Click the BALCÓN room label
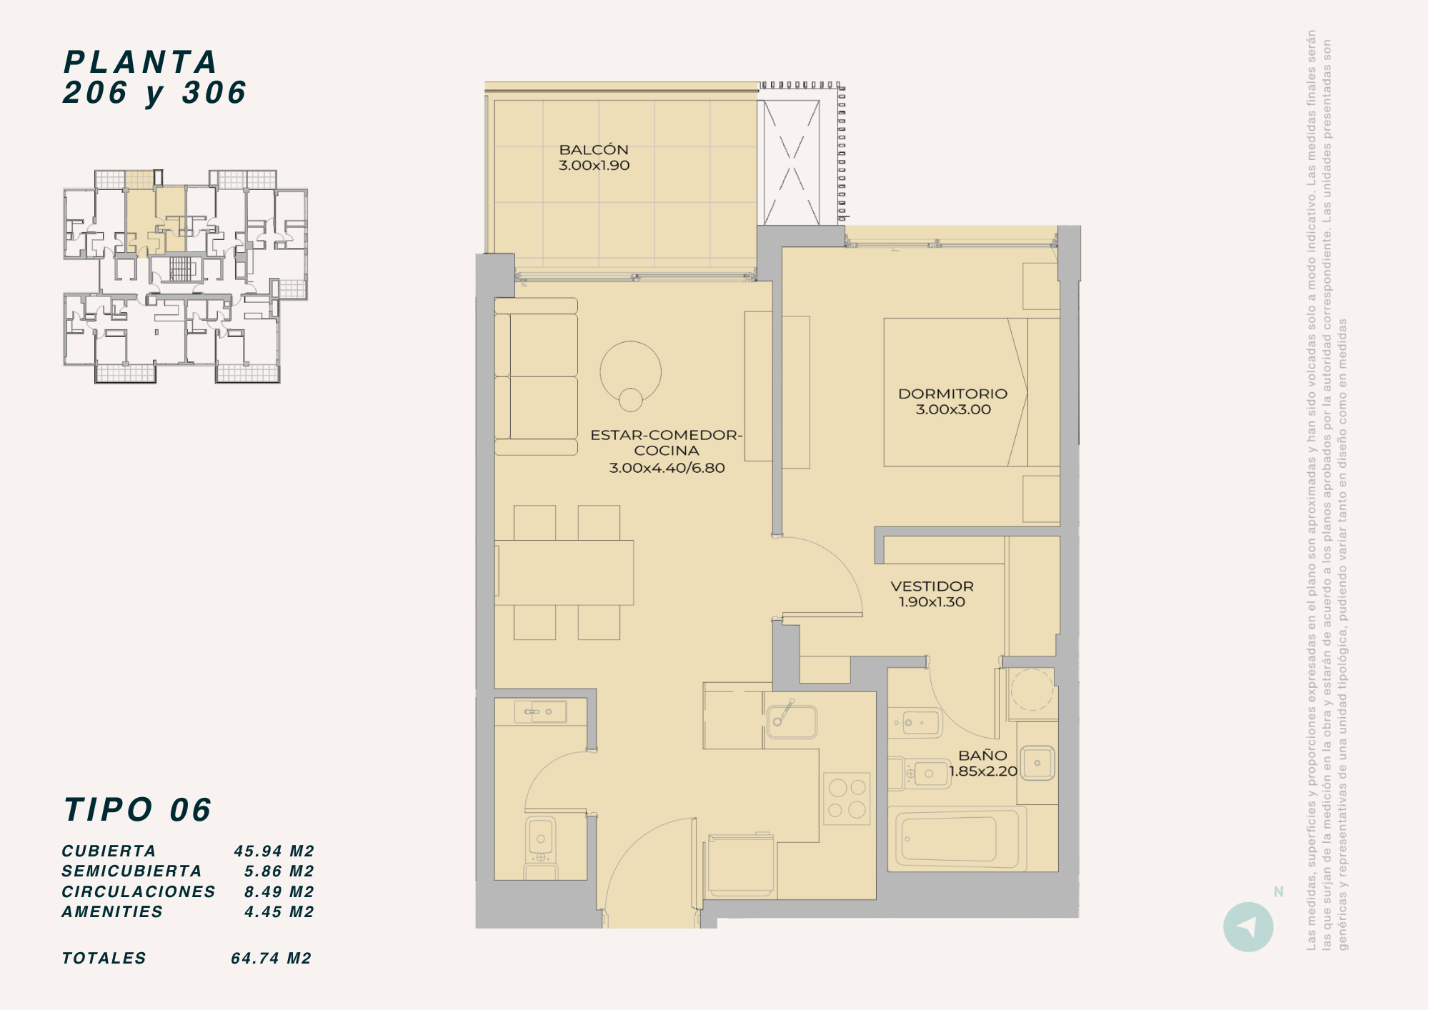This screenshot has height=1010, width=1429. point(594,149)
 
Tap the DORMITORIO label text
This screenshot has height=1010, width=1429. point(952,394)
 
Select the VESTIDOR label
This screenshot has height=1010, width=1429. point(932,586)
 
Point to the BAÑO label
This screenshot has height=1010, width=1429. point(982,755)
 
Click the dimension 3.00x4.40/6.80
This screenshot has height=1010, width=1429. point(667,468)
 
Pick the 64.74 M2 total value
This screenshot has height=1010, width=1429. point(272,958)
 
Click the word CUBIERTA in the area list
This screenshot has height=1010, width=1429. point(109,851)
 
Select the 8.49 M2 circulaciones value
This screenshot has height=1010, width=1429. point(279,891)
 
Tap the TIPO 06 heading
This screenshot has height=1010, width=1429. point(137,810)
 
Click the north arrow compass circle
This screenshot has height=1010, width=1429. point(1248,927)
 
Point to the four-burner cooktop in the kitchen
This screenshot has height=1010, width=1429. point(847,799)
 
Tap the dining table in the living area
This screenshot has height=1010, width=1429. point(564,573)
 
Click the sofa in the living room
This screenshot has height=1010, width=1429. point(536,376)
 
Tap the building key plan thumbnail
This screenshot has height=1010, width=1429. point(186,276)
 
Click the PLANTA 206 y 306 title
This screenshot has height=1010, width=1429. point(155,77)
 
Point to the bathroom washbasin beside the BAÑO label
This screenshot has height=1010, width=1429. point(1037,763)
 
